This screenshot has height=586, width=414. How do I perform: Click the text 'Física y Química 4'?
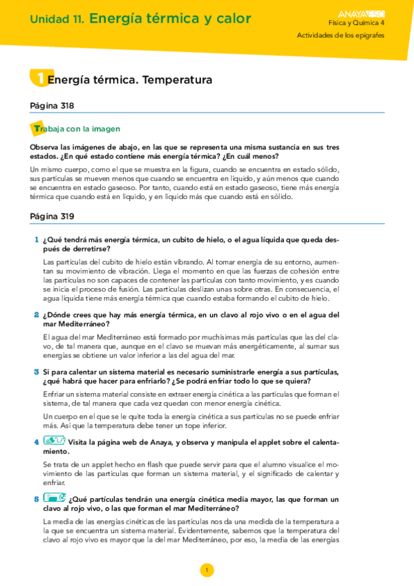click(357, 23)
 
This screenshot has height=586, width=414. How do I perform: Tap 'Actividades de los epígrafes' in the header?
click(341, 35)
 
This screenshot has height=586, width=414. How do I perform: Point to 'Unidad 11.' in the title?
click(57, 20)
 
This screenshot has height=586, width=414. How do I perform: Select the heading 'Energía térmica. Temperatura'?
click(129, 80)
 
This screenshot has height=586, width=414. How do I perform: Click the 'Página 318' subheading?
click(53, 106)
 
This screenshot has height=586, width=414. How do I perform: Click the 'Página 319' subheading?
click(53, 216)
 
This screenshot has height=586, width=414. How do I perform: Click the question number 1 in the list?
click(36, 240)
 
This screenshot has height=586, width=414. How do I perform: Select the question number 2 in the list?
click(36, 315)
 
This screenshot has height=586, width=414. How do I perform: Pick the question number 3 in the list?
click(36, 372)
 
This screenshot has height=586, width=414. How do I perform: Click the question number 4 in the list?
click(36, 441)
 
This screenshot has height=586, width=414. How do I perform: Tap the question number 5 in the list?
click(36, 498)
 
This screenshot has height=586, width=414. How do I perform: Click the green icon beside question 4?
click(54, 440)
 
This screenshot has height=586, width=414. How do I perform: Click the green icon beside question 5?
click(54, 498)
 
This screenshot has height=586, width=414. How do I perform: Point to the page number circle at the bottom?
click(206, 570)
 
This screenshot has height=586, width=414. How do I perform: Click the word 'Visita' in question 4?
click(80, 442)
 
